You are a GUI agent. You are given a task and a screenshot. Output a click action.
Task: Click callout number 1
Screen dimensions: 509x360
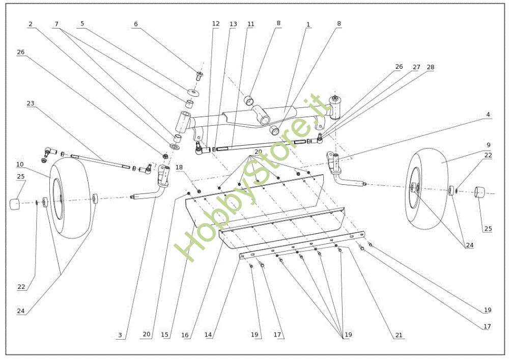[x=308, y=24]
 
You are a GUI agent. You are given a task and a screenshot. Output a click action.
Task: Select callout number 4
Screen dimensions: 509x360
[x=488, y=115]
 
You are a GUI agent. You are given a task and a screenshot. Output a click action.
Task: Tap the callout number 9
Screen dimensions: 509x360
[x=488, y=145]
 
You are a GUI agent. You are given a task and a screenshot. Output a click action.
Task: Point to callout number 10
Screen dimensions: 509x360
[x=20, y=164]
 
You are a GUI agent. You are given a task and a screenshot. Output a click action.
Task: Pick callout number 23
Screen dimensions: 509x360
[x=30, y=103]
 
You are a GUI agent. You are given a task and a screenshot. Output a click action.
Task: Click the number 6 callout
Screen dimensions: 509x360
[x=136, y=24]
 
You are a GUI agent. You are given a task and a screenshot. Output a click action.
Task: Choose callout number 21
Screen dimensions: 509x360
[x=399, y=335]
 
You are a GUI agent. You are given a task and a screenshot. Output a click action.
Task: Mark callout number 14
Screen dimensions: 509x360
[x=208, y=335]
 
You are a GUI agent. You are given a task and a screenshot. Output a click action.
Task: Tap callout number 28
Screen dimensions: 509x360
[x=431, y=67]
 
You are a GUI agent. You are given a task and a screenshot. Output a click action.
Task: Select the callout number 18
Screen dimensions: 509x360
[x=179, y=167]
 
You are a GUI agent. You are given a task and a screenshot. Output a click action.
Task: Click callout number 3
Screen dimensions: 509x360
[x=120, y=335]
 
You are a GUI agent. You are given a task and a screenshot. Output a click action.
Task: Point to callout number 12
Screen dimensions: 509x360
[x=216, y=24]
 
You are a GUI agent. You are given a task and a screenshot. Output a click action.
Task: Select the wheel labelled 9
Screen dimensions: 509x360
[x=427, y=189]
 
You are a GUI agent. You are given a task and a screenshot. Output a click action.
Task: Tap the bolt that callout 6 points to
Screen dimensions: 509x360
[x=200, y=76]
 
